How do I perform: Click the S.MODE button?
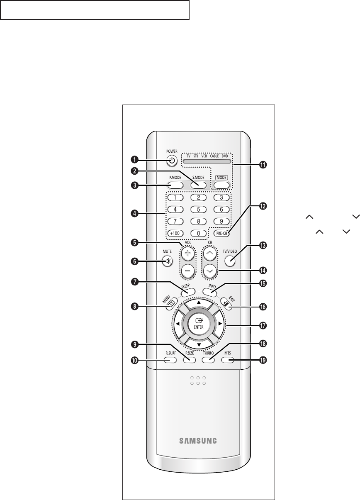point(199,185)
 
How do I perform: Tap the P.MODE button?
point(175,185)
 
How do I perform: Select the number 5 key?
point(199,209)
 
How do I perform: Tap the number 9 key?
point(222,221)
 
